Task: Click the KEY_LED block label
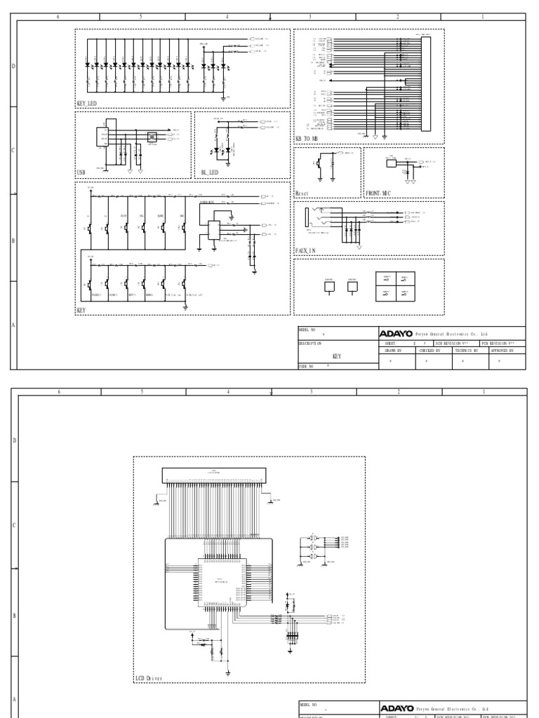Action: tap(87, 103)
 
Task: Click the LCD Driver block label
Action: tap(149, 678)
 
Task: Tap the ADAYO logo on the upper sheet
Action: tap(397, 334)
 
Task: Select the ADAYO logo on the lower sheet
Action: tap(397, 709)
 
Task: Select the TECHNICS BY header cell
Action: tap(465, 349)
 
